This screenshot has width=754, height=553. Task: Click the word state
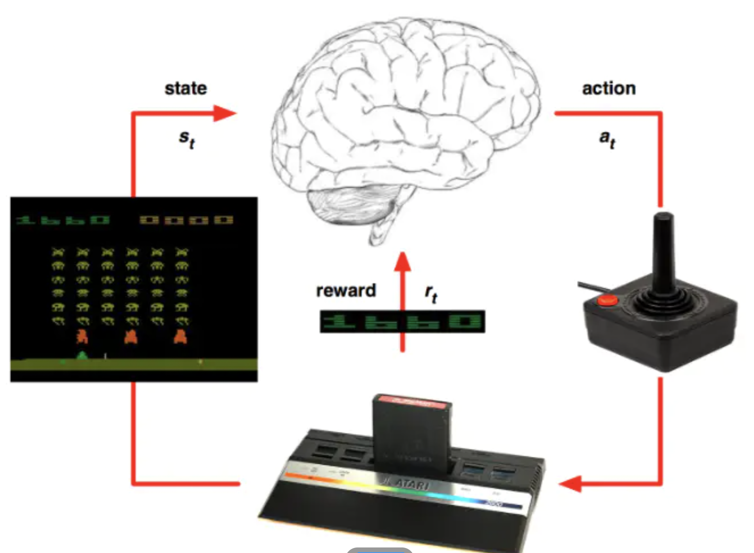[x=186, y=88]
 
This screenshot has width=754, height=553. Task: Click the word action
[x=608, y=88]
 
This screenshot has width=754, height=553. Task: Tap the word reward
[x=346, y=291]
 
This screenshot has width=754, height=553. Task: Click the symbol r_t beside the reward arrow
[x=431, y=294]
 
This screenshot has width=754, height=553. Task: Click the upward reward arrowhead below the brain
[x=402, y=262]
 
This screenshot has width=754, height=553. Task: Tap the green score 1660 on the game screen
[x=63, y=220]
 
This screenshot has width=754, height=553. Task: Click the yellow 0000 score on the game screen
[x=186, y=220]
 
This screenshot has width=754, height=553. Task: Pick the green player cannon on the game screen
[x=82, y=355]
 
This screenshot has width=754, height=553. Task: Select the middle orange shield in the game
[x=131, y=337]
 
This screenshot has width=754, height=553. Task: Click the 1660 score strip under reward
[x=402, y=321]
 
